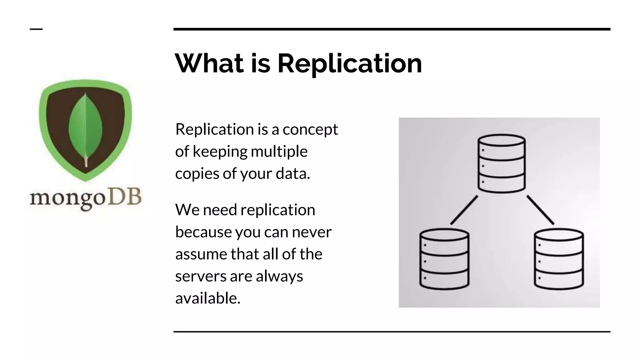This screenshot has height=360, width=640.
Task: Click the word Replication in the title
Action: [x=350, y=64]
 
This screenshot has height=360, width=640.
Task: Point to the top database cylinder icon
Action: [x=502, y=163]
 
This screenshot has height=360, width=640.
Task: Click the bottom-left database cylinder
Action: [x=444, y=259]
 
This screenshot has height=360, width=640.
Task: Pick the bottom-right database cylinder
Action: [x=559, y=259]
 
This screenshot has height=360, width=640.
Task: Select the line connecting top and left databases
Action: [x=464, y=210]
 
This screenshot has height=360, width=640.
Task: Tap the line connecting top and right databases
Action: [x=540, y=210]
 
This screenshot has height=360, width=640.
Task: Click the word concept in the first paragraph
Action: [x=310, y=130]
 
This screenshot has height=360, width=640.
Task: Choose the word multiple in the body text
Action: [x=279, y=152]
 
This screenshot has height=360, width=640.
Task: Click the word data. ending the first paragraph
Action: [x=293, y=174]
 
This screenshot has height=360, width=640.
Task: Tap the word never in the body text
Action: [x=312, y=232]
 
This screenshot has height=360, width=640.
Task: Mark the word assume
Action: [x=201, y=254]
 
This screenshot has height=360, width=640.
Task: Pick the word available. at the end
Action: [x=208, y=298]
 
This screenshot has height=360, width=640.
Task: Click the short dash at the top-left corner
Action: [x=36, y=29]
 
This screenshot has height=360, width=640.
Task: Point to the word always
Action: [x=279, y=277]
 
